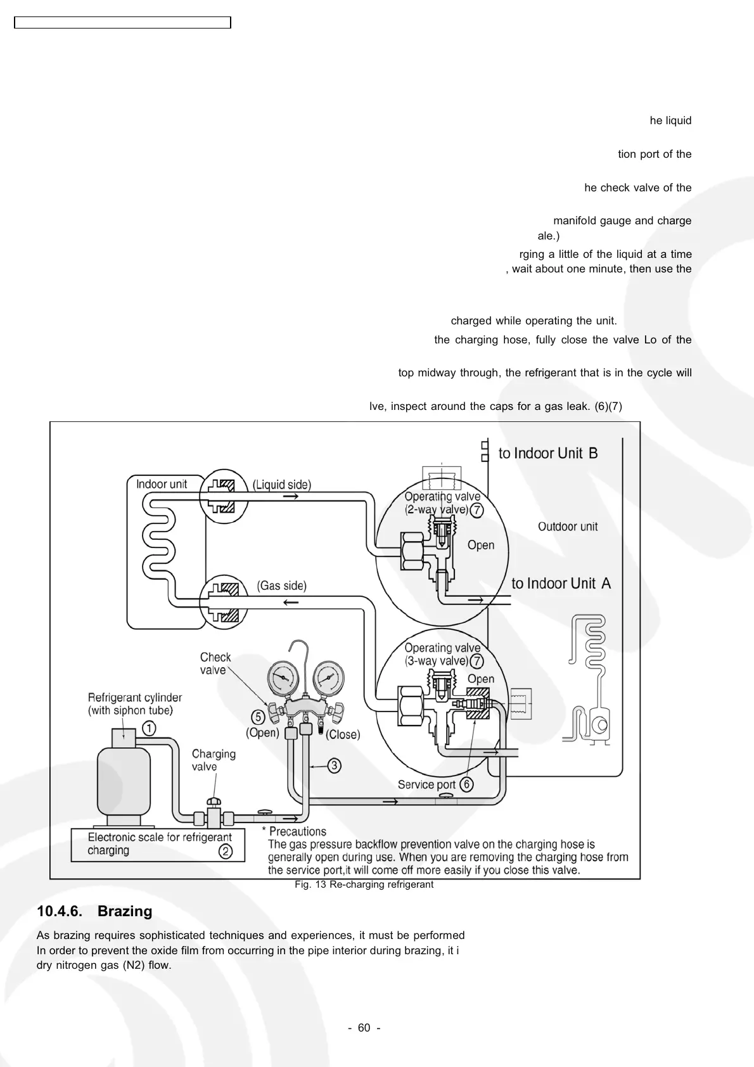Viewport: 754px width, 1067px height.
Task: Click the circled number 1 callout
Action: pos(148,728)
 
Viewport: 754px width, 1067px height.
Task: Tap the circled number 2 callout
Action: pos(225,852)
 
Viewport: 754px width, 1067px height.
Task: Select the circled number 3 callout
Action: pos(335,765)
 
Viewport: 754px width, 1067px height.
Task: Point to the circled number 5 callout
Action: pos(258,717)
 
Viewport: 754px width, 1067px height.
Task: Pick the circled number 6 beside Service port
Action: pos(466,784)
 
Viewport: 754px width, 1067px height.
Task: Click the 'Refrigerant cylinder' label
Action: pos(135,698)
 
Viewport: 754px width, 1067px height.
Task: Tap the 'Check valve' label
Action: pos(215,663)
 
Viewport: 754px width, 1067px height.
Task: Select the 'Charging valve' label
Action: pos(214,760)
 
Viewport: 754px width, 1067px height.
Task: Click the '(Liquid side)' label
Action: pos(282,485)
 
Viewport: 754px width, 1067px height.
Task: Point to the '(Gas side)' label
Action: pos(281,585)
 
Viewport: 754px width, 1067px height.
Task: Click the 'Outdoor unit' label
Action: pos(568,527)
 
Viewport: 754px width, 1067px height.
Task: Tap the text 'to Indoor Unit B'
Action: pos(548,453)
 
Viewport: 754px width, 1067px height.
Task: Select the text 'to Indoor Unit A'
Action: pos(561,584)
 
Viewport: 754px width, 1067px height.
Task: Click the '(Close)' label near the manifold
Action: pos(343,734)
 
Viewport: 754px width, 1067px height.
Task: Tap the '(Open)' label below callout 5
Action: pos(262,733)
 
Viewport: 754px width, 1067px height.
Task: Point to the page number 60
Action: pos(364,1028)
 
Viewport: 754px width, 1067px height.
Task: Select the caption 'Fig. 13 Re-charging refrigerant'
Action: pos(364,885)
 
